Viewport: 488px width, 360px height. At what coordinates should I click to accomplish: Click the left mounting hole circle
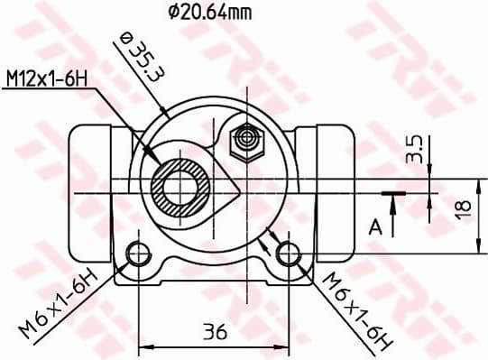138,254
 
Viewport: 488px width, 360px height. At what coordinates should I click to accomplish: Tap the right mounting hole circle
288,254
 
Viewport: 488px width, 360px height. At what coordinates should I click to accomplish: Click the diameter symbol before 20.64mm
174,13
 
